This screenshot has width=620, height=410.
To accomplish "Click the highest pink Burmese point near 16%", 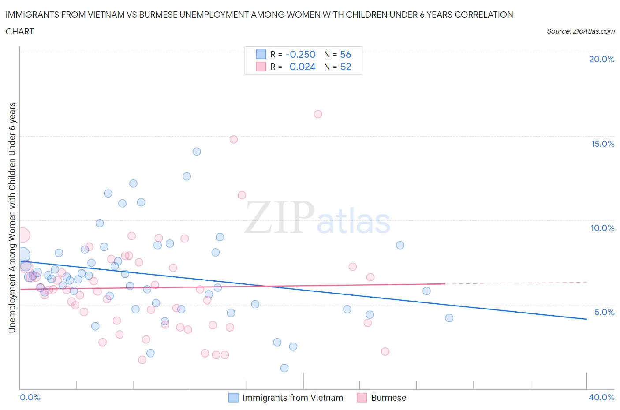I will (x=318, y=114).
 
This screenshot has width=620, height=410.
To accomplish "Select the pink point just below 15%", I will (x=234, y=139).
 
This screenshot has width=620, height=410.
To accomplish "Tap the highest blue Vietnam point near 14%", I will (x=197, y=152).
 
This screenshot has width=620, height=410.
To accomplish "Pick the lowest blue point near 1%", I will (x=284, y=368).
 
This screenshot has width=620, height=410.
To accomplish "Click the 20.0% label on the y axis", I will (x=601, y=60).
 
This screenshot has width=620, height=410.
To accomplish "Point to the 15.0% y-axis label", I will (x=602, y=144).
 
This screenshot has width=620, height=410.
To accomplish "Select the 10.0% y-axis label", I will (x=602, y=228).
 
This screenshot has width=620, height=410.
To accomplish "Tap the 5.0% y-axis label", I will (x=604, y=312).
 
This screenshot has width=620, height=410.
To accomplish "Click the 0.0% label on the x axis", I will (x=30, y=397).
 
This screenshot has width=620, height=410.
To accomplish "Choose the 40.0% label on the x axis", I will (x=601, y=397).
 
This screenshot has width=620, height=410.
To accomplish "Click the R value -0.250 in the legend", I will (x=300, y=55).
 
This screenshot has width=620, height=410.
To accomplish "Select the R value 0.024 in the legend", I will (x=303, y=67).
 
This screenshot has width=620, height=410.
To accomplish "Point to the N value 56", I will (x=345, y=55).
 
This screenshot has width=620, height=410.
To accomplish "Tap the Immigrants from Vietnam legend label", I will (x=292, y=398).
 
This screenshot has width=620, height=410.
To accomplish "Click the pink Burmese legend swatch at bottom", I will (x=362, y=398).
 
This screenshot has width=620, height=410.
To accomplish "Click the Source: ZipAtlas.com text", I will (x=580, y=31).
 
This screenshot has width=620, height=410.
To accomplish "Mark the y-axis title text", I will (x=12, y=217).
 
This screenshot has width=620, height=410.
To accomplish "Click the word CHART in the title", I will (x=20, y=31).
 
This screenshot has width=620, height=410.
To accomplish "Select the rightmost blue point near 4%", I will (x=449, y=318).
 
